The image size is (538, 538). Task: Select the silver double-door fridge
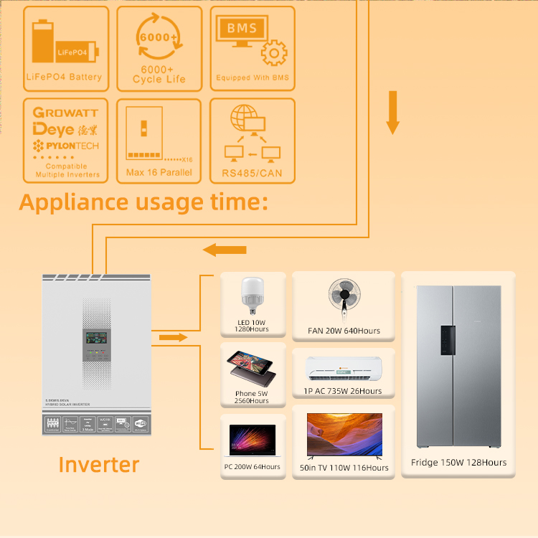coord(458,365)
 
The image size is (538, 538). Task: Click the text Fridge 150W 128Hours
coord(458,463)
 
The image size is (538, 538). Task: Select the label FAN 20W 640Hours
coord(344,331)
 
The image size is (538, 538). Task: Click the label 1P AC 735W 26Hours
coord(343,391)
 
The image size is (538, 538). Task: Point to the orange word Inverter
coord(98,464)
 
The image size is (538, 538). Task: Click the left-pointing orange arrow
coord(225,250)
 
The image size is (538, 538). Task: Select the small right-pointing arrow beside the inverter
coord(172,337)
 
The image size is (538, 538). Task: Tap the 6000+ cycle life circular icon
coord(159,39)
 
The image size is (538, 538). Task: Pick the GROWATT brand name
coord(65,113)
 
